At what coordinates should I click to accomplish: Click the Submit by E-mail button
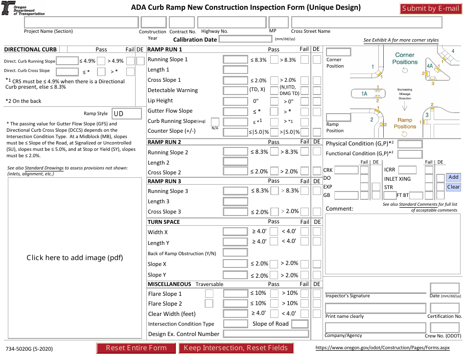[431, 8]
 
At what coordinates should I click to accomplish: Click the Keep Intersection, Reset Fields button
[236, 348]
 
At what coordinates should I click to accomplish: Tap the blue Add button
[453, 177]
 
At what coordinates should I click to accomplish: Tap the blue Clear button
[453, 187]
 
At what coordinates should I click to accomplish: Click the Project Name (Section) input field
[81, 23]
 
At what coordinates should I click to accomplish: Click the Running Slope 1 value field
[235, 59]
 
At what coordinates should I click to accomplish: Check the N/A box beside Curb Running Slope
[215, 121]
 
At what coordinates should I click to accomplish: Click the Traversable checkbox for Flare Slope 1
[209, 293]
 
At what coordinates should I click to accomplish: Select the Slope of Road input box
[300, 324]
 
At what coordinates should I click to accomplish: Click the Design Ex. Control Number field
[266, 334]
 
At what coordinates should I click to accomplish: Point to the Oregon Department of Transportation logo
[7, 8]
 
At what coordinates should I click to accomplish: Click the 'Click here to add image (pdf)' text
[74, 258]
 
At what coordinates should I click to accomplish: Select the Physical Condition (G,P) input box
[413, 144]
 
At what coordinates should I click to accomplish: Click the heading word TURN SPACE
[164, 222]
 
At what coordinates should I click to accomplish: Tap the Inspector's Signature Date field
[444, 288]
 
